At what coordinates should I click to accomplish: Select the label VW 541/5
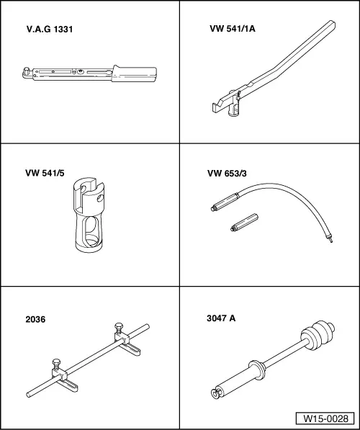click(47, 173)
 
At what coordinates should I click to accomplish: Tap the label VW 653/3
click(228, 173)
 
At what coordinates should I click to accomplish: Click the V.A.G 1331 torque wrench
click(86, 73)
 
